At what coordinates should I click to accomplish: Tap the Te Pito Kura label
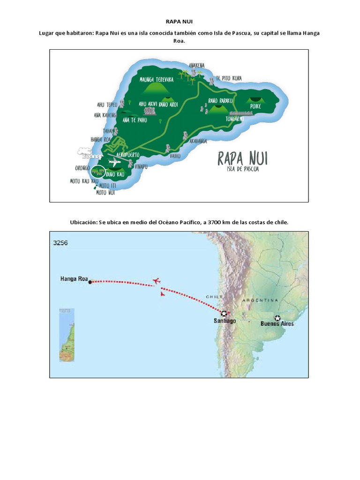tap(229, 78)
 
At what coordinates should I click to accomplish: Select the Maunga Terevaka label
tap(157, 79)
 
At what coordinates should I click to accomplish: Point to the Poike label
tap(255, 107)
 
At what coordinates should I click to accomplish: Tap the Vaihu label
tap(175, 156)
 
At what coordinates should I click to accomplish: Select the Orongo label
tap(82, 168)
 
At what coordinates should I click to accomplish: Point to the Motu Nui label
tap(105, 192)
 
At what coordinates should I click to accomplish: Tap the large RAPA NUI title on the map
tap(242, 158)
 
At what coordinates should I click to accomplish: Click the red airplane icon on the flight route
tap(157, 281)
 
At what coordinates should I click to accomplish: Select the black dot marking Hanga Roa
tap(90, 282)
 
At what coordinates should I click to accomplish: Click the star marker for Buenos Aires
tap(277, 317)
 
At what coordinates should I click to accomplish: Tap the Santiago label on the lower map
tap(225, 321)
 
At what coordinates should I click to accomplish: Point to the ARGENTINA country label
tap(260, 300)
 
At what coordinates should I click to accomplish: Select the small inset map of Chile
tap(67, 335)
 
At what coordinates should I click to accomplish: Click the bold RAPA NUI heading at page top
tap(180, 21)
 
